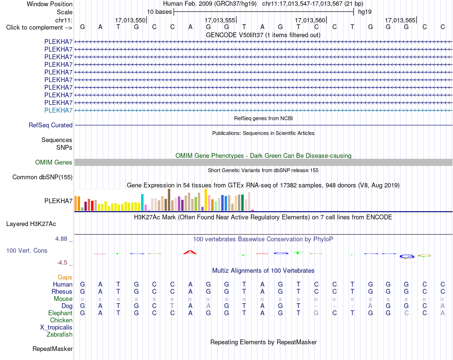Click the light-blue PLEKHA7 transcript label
pos(58,110)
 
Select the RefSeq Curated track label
pos(51,125)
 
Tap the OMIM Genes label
pos(54,163)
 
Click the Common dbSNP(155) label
pos(42,177)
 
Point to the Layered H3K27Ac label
pos(31,224)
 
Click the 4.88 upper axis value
pos(61,239)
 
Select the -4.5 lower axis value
pos(62,263)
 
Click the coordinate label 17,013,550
pos(130,20)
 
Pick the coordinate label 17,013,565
pos(400,20)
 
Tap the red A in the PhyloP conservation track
pos(190,252)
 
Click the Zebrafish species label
pos(60,335)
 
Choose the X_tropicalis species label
pos(56,328)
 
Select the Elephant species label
pos(61,313)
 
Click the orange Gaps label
pos(65,278)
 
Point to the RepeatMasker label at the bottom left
pos(52,349)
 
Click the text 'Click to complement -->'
pos(39,28)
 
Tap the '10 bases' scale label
pos(159,12)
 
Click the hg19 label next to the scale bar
pos(365,12)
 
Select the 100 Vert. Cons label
pos(27,250)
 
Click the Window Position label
pos(50,4)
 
